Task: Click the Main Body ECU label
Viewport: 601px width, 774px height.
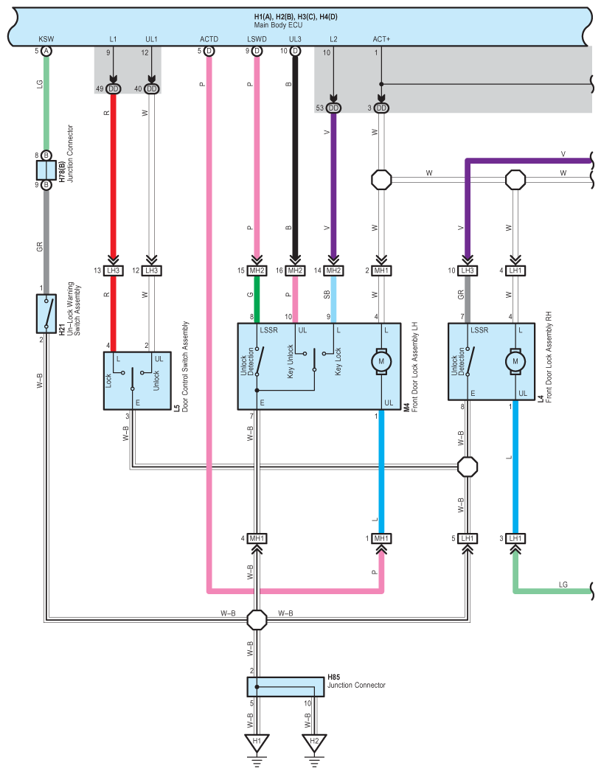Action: pos(278,25)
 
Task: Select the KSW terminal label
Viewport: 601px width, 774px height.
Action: pos(46,39)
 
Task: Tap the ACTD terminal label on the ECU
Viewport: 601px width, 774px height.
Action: pos(209,39)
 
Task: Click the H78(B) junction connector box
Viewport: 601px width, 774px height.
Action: pos(46,170)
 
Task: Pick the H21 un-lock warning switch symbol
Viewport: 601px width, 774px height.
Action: pos(46,313)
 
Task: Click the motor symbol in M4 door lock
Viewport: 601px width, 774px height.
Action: pos(381,361)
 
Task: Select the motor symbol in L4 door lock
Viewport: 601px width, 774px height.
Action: pos(515,361)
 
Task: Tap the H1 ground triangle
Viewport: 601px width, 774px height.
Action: pos(257,742)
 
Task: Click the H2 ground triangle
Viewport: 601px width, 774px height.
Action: pos(314,742)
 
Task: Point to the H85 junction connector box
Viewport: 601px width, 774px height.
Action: pos(285,686)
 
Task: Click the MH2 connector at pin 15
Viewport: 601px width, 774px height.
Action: pos(257,271)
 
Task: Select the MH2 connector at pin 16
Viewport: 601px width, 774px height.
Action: pos(295,271)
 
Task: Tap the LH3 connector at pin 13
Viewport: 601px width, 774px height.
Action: pos(113,271)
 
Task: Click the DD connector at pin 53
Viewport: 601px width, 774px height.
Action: pos(333,108)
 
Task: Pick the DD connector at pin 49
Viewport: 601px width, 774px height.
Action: pos(113,89)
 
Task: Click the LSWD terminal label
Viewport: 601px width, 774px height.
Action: pos(257,39)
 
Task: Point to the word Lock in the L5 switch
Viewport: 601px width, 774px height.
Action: pos(108,380)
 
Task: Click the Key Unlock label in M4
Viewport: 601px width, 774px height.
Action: pos(291,362)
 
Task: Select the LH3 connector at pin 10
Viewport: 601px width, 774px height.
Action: pos(468,271)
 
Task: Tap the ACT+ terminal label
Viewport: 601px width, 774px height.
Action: pos(381,39)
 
